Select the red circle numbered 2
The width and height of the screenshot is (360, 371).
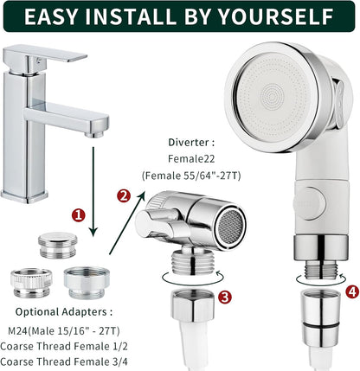(124, 195)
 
